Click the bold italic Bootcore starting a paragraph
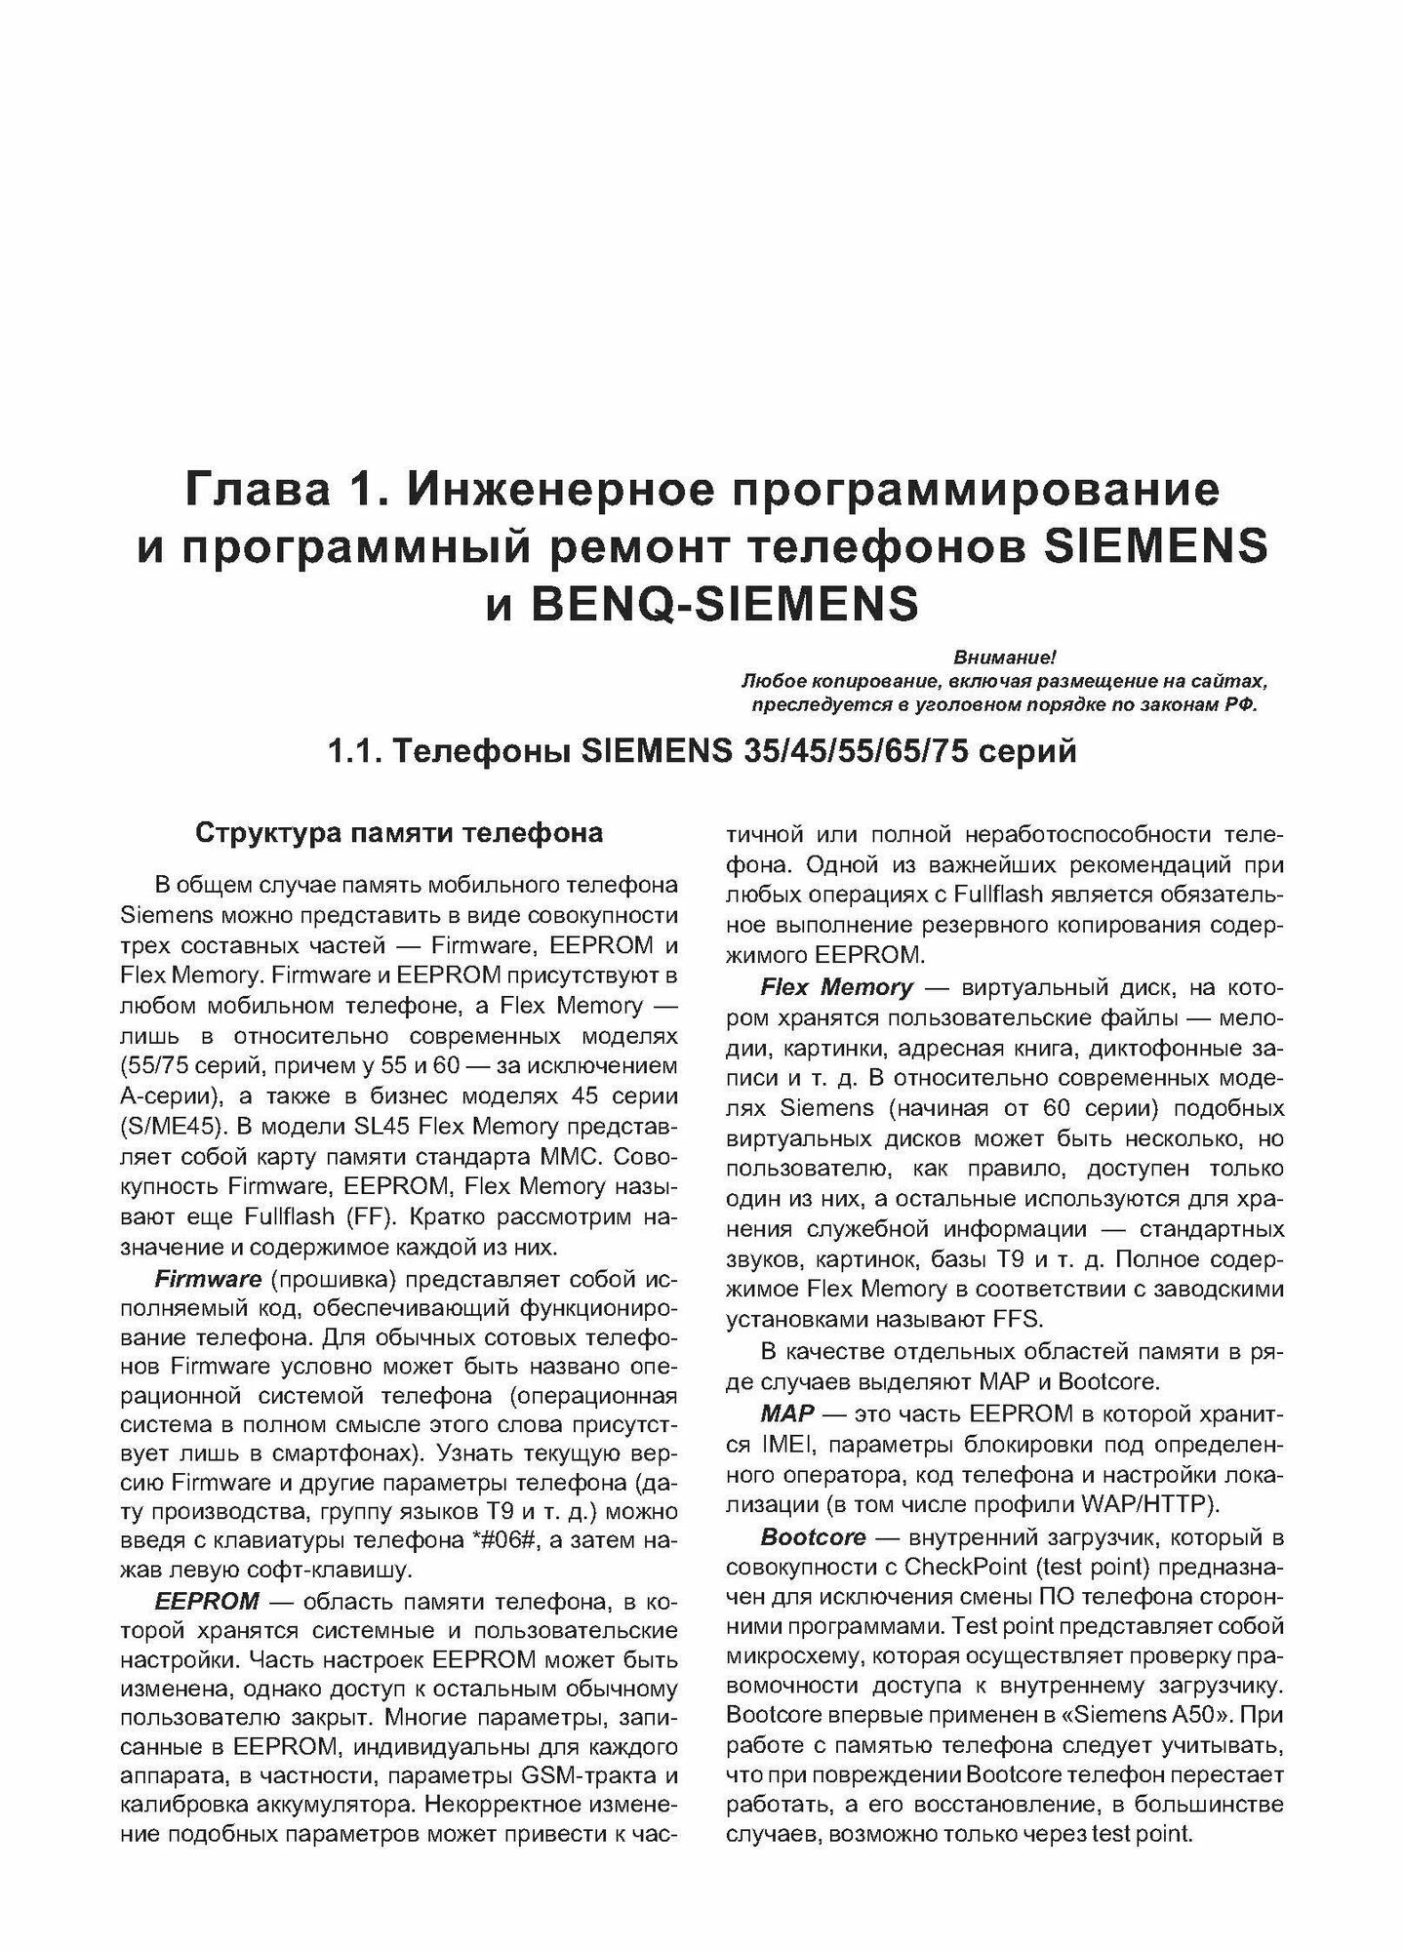coord(813,1537)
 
